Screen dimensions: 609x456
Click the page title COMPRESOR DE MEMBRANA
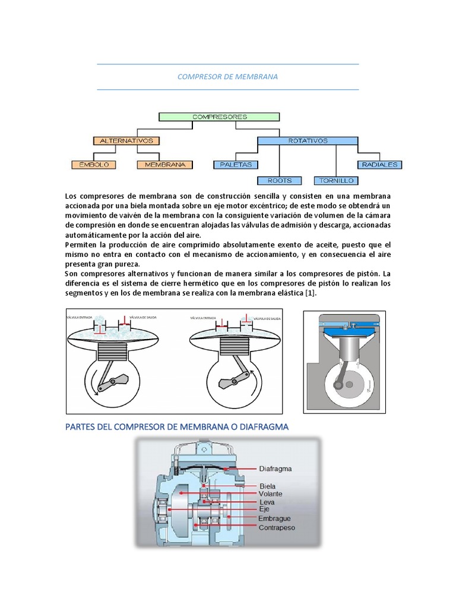[x=227, y=77]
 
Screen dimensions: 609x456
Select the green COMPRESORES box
[x=220, y=117]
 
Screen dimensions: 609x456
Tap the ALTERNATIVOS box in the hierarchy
[x=126, y=141]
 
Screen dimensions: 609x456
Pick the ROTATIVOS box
[x=308, y=141]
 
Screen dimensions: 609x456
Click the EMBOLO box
[x=94, y=164]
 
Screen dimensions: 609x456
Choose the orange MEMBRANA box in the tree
[x=165, y=164]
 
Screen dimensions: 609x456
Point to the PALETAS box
[x=236, y=164]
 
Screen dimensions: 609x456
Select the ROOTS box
[x=279, y=180]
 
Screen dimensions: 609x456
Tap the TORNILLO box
[x=336, y=180]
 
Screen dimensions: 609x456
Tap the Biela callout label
[x=267, y=486]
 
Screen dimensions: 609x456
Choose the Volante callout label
[x=270, y=494]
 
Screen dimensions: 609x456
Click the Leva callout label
[x=267, y=503]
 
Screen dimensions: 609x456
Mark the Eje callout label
[x=264, y=510]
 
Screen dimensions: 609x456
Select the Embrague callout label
[x=274, y=519]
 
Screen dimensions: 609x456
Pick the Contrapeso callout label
[x=277, y=527]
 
